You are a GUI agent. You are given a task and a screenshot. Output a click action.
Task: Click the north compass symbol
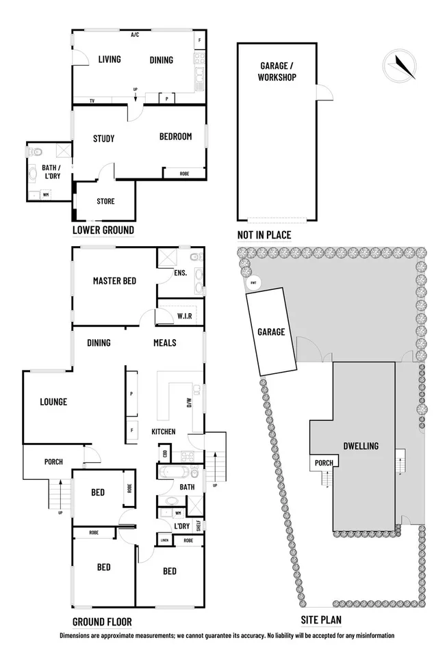click(x=400, y=66)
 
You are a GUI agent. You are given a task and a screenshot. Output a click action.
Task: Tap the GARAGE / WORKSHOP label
click(x=277, y=71)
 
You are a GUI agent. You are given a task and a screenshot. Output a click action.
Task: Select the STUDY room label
click(x=103, y=139)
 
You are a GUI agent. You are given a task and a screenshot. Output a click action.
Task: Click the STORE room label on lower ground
click(x=105, y=202)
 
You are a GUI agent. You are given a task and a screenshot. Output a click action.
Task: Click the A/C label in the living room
click(x=135, y=34)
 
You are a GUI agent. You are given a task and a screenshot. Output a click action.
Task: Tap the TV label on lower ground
click(x=91, y=101)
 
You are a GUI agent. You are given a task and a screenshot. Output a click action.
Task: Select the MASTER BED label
click(x=113, y=280)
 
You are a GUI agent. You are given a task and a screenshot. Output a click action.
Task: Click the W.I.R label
click(x=183, y=316)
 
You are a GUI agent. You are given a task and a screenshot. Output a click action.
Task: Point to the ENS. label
click(x=181, y=273)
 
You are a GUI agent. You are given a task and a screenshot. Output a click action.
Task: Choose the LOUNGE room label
click(x=53, y=402)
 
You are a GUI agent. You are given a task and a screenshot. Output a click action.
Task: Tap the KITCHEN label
click(x=164, y=431)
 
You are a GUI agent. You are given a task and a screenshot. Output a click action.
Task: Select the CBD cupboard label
click(x=165, y=453)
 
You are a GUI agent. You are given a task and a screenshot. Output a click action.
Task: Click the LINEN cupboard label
click(x=164, y=541)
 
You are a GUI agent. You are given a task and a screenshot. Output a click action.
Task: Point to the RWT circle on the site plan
click(x=253, y=282)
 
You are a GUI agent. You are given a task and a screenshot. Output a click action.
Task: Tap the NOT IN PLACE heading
click(x=264, y=235)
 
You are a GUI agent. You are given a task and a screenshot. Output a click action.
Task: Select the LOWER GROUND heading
click(x=103, y=230)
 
